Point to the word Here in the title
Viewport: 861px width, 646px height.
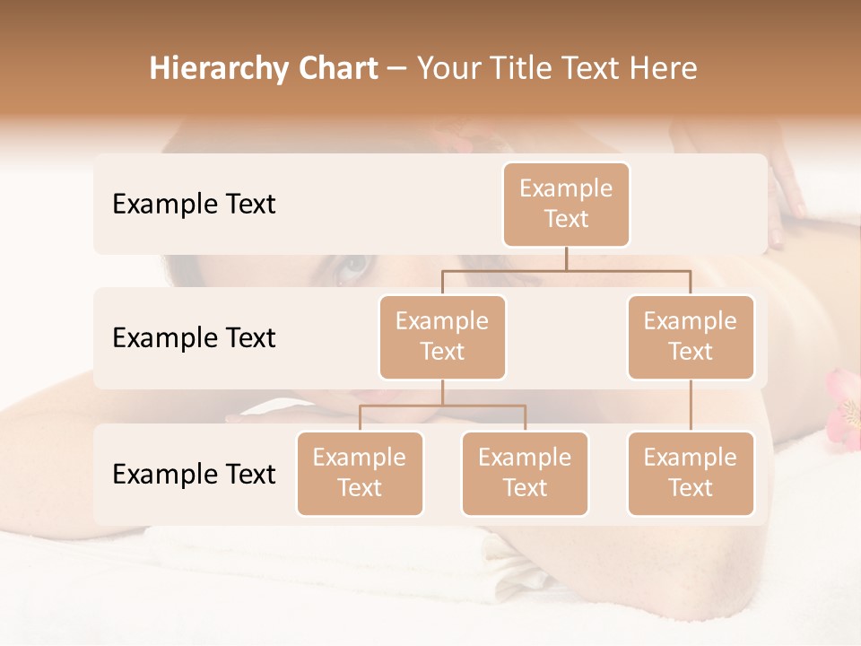(660, 69)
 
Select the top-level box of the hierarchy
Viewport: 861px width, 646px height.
(566, 205)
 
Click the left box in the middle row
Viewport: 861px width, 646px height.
(442, 337)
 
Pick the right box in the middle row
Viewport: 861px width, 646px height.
(691, 337)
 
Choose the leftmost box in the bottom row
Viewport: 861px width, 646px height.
(360, 474)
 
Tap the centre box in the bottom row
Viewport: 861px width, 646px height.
(525, 474)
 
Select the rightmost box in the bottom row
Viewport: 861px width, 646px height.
(691, 474)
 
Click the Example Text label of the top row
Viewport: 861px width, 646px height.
(194, 205)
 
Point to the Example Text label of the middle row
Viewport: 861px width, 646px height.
(194, 338)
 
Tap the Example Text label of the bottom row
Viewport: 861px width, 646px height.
(194, 475)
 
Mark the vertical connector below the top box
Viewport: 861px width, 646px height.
(566, 258)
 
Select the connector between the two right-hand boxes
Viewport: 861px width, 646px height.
(691, 406)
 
